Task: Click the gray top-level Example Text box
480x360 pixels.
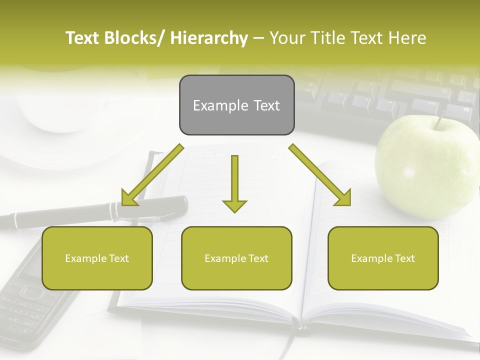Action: (x=236, y=105)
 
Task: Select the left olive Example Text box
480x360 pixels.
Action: (x=97, y=258)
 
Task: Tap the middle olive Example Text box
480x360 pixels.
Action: (x=236, y=258)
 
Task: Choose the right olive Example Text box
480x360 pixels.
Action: (x=383, y=258)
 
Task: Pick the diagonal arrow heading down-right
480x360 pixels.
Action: (x=320, y=175)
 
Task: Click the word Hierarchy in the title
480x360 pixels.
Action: (x=209, y=38)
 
